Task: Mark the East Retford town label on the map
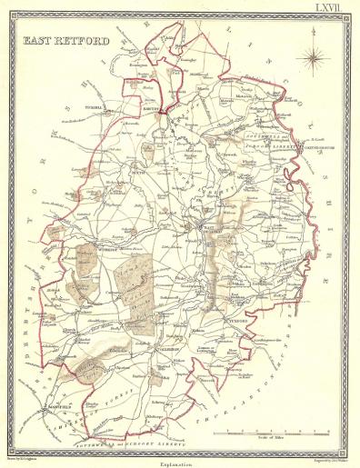coord(211,232)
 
